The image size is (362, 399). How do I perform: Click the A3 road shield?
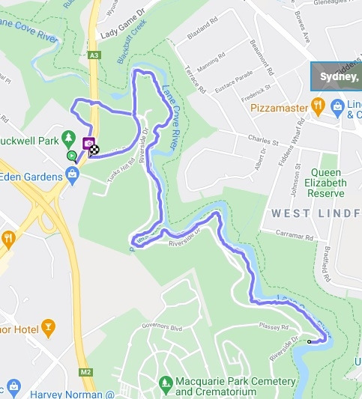point(94,55)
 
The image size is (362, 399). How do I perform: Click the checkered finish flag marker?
point(95,148)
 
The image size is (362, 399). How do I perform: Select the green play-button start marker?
point(71,156)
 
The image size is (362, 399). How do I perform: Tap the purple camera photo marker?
point(88,143)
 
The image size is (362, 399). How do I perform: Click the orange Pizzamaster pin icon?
point(318,107)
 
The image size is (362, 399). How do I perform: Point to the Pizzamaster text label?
point(280,108)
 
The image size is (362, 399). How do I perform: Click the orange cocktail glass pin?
point(49,326)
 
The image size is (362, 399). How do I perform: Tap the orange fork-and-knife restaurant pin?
point(8,239)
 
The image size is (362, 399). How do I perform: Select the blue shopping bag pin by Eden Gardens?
point(72,177)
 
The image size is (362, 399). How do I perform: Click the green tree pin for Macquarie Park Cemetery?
point(166,382)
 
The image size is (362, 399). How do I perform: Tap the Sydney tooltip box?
point(337,76)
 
